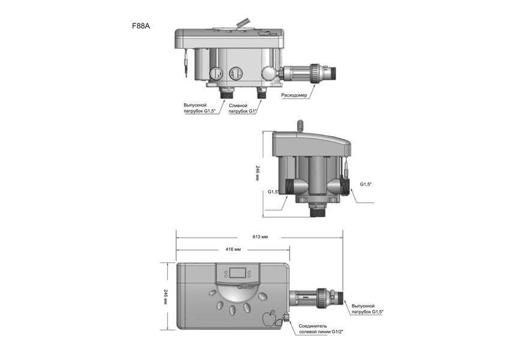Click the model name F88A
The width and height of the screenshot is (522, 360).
(x=141, y=26)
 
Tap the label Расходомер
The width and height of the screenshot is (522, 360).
(x=294, y=95)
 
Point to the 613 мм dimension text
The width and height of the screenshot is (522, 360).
(x=260, y=237)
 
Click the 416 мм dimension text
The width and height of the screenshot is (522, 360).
(x=233, y=248)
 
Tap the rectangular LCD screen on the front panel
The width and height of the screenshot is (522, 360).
(x=238, y=273)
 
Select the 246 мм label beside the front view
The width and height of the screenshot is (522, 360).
(x=166, y=296)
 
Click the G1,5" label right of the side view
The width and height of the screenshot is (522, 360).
(x=367, y=184)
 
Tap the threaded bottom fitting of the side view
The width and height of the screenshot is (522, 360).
(x=317, y=210)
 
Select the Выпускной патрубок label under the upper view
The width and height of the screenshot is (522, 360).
(x=199, y=108)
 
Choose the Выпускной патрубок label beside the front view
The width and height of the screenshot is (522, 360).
(x=367, y=308)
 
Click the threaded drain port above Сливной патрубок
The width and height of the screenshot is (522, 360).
(x=262, y=93)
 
